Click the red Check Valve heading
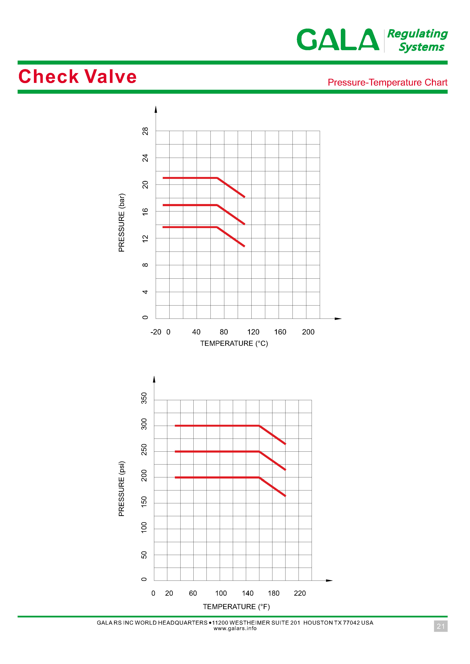tap(77, 77)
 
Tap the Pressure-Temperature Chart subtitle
tap(387, 82)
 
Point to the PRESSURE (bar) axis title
tap(122, 222)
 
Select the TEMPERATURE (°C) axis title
tap(234, 343)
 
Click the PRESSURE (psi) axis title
tap(122, 489)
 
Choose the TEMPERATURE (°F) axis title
tap(236, 606)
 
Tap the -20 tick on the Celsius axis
tap(156, 332)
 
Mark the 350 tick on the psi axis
tap(144, 398)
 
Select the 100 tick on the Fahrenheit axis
tap(221, 593)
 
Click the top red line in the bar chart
tap(190, 178)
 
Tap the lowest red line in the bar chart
tap(190, 227)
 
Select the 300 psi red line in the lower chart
tap(217, 426)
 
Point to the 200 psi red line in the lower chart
tap(217, 478)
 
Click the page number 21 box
tap(440, 626)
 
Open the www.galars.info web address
tap(235, 628)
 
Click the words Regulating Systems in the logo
tap(417, 41)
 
